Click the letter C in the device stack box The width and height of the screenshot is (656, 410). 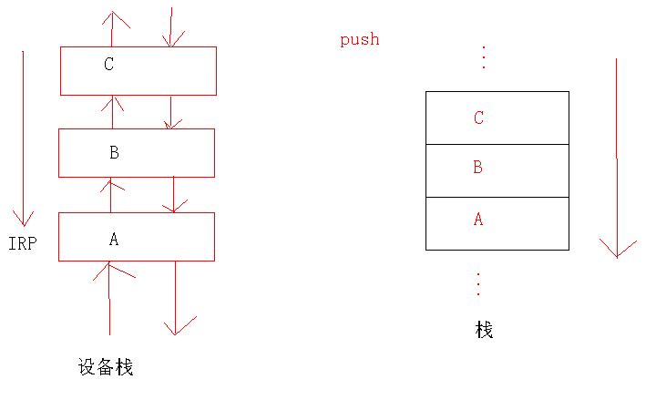109,65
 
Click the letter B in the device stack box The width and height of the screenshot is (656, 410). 114,152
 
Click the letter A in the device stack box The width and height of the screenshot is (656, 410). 114,240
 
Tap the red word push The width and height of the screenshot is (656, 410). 359,39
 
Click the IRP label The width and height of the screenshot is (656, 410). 22,244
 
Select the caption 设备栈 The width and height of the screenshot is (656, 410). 106,367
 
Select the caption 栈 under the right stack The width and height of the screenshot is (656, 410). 484,330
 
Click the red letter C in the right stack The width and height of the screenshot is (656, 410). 478,118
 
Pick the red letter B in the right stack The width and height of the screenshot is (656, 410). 477,168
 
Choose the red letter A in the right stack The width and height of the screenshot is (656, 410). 477,220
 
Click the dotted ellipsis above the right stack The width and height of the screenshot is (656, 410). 483,57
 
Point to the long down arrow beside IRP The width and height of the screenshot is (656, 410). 23,137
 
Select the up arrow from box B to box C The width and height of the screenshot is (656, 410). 112,111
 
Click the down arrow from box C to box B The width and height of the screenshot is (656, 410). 170,112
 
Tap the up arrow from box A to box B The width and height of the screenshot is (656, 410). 110,195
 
